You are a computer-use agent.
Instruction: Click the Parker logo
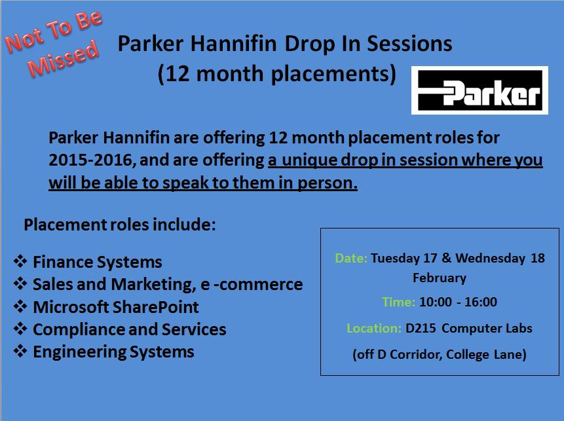(479, 90)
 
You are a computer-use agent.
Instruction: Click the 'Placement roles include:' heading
(120, 225)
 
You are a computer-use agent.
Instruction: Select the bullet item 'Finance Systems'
(97, 263)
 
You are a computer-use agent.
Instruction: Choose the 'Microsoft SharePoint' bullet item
(115, 307)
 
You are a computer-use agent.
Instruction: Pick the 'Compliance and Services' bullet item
(129, 329)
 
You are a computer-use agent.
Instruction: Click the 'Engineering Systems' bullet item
(113, 352)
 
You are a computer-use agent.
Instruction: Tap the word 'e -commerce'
(265, 285)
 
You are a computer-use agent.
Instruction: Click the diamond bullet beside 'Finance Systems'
(20, 262)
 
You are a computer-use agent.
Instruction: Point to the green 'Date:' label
(351, 258)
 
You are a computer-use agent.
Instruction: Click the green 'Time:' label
(398, 302)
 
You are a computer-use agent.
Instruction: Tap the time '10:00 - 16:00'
(458, 302)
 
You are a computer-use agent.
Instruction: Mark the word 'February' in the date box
(440, 278)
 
